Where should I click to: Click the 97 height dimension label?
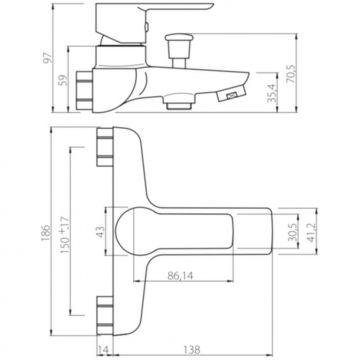click(x=49, y=58)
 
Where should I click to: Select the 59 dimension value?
click(x=63, y=80)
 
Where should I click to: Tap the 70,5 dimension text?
click(x=291, y=74)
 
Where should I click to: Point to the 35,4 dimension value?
click(x=273, y=93)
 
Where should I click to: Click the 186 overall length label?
click(x=46, y=233)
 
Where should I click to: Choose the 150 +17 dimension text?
click(x=65, y=235)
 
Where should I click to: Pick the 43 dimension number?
click(x=100, y=232)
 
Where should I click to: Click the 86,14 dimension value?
click(x=181, y=275)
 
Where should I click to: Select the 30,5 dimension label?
click(x=292, y=232)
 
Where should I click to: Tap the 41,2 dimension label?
click(x=311, y=232)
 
